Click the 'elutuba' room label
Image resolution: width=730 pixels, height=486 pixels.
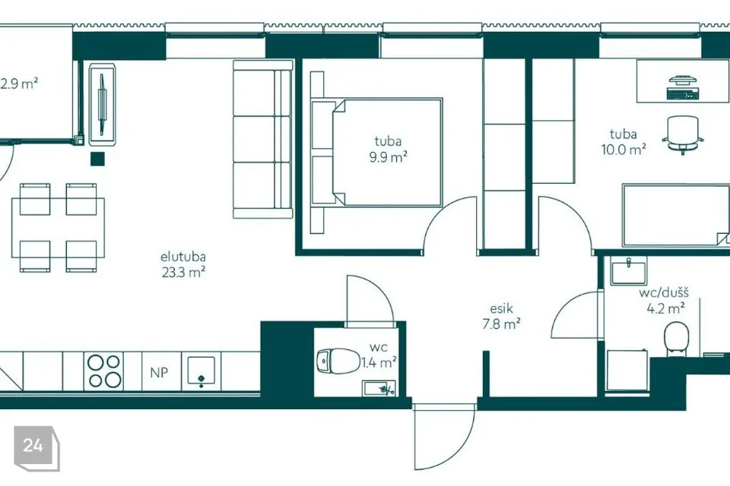tap(183, 257)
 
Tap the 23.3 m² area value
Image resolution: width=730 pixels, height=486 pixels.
tap(183, 272)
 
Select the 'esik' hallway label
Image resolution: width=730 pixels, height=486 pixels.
tap(501, 308)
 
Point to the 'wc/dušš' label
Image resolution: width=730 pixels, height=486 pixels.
tap(664, 293)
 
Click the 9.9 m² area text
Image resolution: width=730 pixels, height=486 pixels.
tap(389, 157)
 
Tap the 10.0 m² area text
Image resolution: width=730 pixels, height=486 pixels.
tap(624, 150)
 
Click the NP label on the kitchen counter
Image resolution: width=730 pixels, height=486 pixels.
tap(159, 373)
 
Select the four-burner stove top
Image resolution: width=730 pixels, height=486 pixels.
tap(104, 371)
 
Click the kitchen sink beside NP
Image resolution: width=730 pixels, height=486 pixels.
tap(201, 371)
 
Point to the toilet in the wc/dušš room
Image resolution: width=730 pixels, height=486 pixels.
tap(677, 339)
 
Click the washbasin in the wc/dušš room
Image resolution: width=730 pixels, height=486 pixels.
tap(629, 272)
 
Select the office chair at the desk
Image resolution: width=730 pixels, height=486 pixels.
tap(683, 134)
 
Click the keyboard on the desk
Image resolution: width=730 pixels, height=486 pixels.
tap(683, 94)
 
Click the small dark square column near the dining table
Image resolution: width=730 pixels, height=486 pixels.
tap(98, 159)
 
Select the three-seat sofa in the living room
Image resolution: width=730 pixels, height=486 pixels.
tap(263, 140)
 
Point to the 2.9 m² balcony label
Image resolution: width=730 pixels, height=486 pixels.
tap(18, 84)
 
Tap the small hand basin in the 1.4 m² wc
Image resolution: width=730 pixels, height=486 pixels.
tap(379, 388)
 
